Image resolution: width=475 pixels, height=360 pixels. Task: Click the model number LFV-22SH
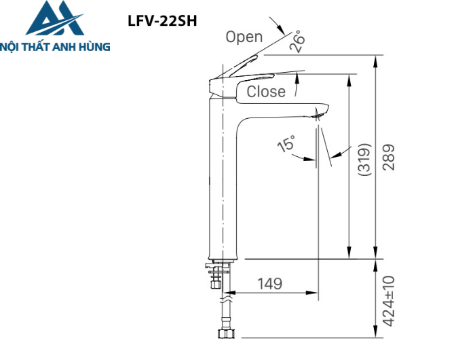[x=161, y=20]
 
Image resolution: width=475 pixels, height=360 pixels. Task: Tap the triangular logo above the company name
[x=54, y=19]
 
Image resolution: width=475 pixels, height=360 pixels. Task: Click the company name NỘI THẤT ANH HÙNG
[x=55, y=47]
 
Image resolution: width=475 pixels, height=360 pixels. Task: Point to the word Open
[x=244, y=37]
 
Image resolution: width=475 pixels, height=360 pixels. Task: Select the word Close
[x=266, y=92]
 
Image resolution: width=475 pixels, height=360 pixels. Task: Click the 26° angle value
[x=297, y=43]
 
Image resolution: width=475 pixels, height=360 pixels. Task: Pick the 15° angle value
[x=287, y=144]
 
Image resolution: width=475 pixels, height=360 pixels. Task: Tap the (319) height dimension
[x=364, y=161]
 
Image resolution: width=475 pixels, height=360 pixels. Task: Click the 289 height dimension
[x=388, y=158]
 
